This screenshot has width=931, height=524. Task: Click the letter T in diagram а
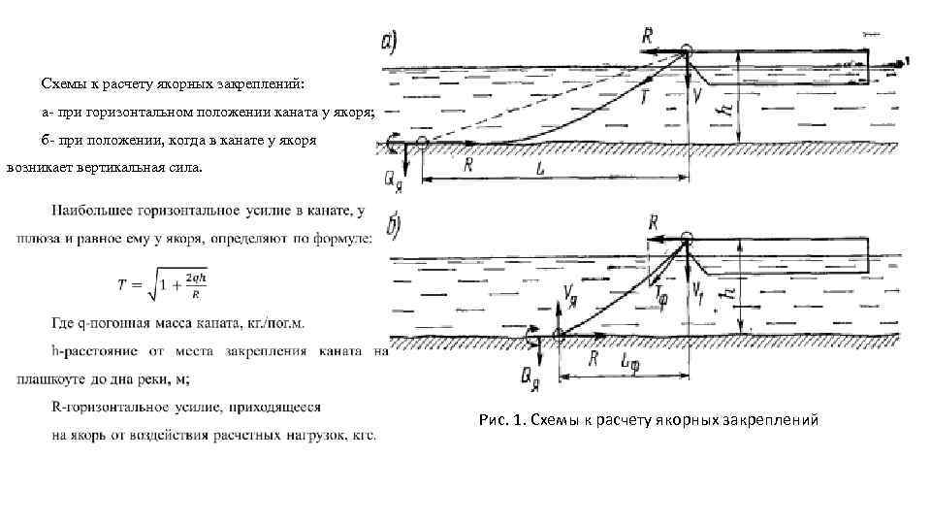click(x=644, y=97)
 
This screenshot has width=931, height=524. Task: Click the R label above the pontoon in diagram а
click(x=648, y=36)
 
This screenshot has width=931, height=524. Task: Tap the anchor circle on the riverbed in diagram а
click(x=424, y=145)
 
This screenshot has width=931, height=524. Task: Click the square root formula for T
click(x=159, y=285)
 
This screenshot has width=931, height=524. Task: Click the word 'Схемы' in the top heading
click(x=66, y=83)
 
